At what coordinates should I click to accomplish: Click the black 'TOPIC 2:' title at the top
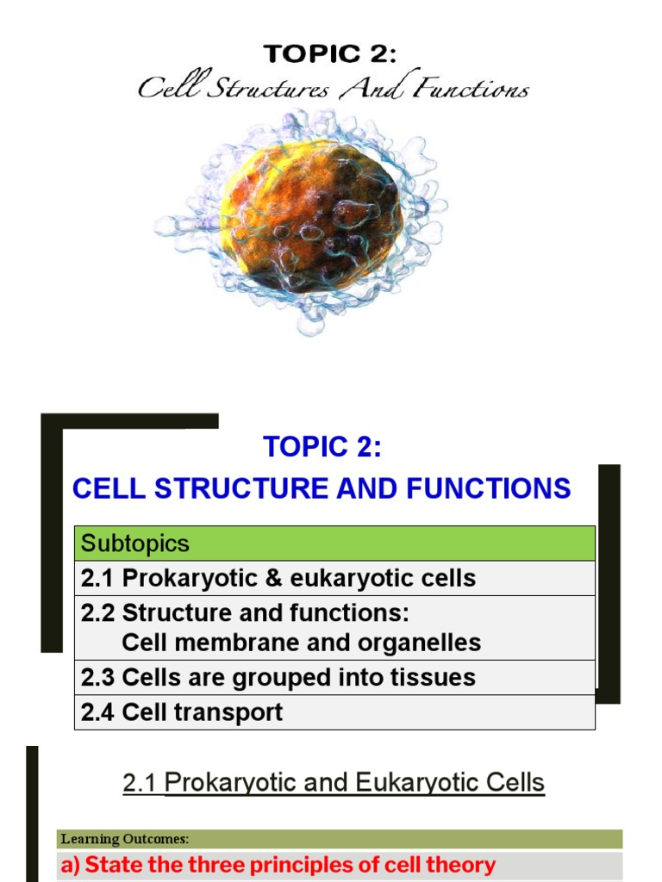(x=330, y=54)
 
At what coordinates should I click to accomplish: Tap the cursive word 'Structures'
(x=267, y=89)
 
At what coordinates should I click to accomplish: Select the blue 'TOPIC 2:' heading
(x=322, y=447)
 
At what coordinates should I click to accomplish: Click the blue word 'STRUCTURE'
(x=241, y=488)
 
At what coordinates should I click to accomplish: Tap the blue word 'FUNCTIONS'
(x=488, y=488)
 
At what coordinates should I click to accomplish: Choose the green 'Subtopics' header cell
(x=334, y=543)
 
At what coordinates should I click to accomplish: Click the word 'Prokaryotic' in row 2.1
(x=190, y=579)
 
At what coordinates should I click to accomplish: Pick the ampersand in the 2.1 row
(x=273, y=578)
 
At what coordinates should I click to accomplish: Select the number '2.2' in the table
(x=97, y=613)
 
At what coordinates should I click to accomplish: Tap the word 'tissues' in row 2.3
(x=434, y=677)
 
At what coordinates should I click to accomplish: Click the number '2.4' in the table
(x=97, y=712)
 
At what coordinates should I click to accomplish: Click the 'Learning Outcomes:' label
(x=124, y=839)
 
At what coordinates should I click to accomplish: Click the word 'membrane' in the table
(x=228, y=643)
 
